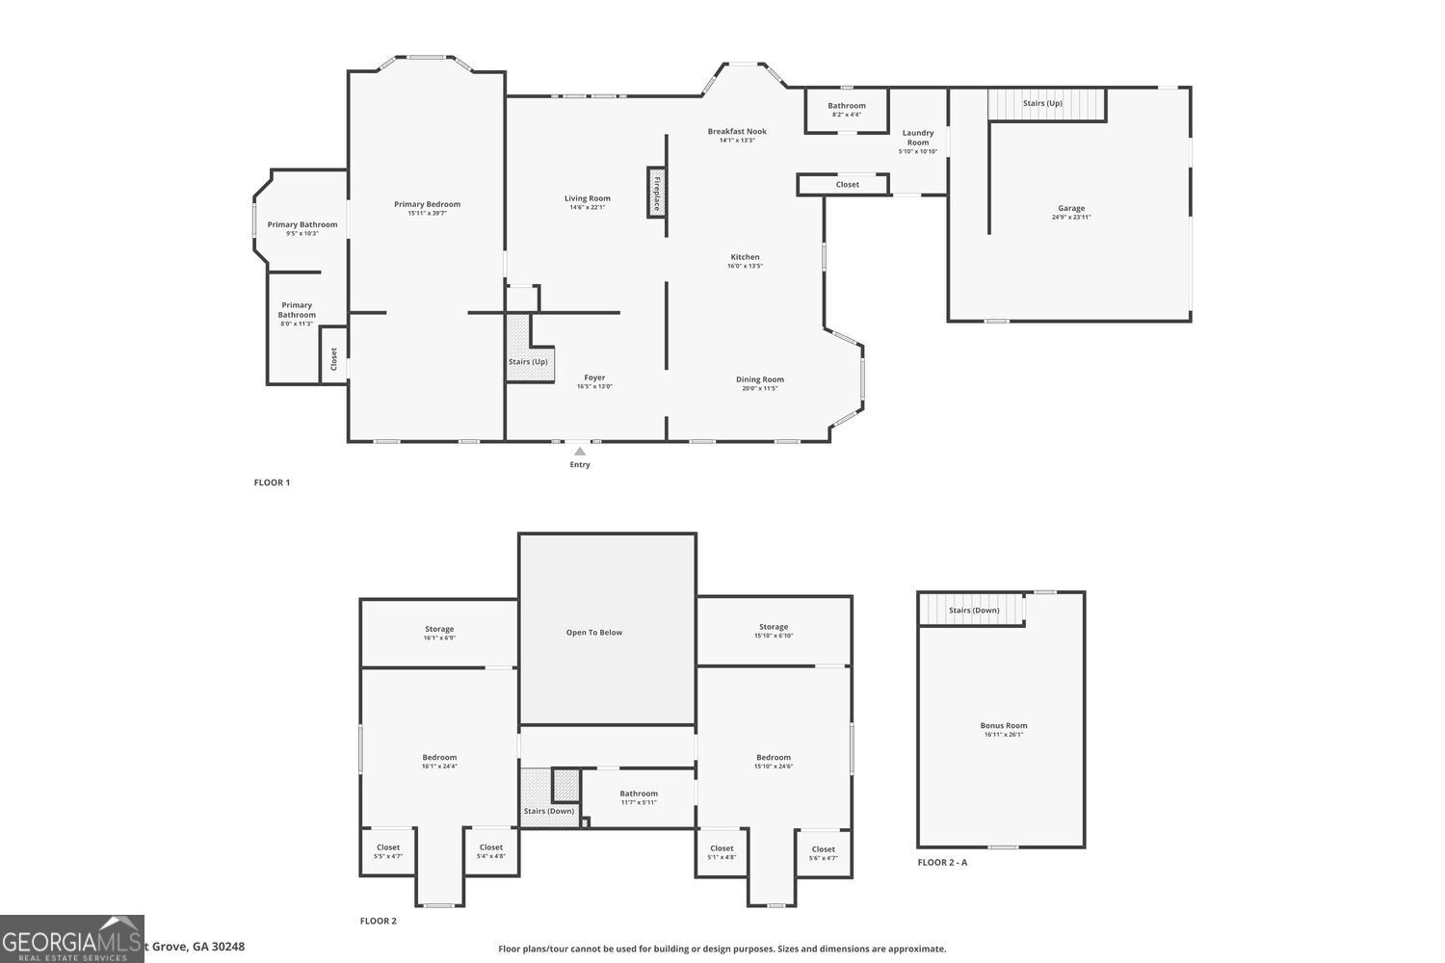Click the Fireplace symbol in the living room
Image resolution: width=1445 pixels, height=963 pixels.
(656, 192)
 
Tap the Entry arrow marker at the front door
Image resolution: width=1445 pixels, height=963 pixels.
(579, 451)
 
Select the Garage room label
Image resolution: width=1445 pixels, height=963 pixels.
(1071, 208)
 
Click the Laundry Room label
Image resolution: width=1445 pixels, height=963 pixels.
(918, 138)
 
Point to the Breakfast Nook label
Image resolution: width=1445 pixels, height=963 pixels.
(737, 131)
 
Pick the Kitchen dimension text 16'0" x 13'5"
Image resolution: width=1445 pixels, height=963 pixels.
(745, 266)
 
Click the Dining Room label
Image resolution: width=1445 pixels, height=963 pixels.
(760, 379)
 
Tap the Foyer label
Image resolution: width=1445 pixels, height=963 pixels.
(594, 377)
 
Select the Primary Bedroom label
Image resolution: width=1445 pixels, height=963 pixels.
(427, 204)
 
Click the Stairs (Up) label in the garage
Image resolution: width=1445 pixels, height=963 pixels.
(1042, 103)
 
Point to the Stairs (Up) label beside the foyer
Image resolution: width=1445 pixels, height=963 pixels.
(528, 361)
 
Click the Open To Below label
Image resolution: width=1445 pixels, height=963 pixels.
(594, 633)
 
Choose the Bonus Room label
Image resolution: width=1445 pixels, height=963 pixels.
(1004, 725)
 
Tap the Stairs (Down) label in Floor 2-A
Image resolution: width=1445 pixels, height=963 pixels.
(974, 610)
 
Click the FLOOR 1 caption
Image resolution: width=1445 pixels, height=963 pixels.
(272, 482)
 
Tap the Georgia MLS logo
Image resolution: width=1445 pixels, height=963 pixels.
(72, 939)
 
